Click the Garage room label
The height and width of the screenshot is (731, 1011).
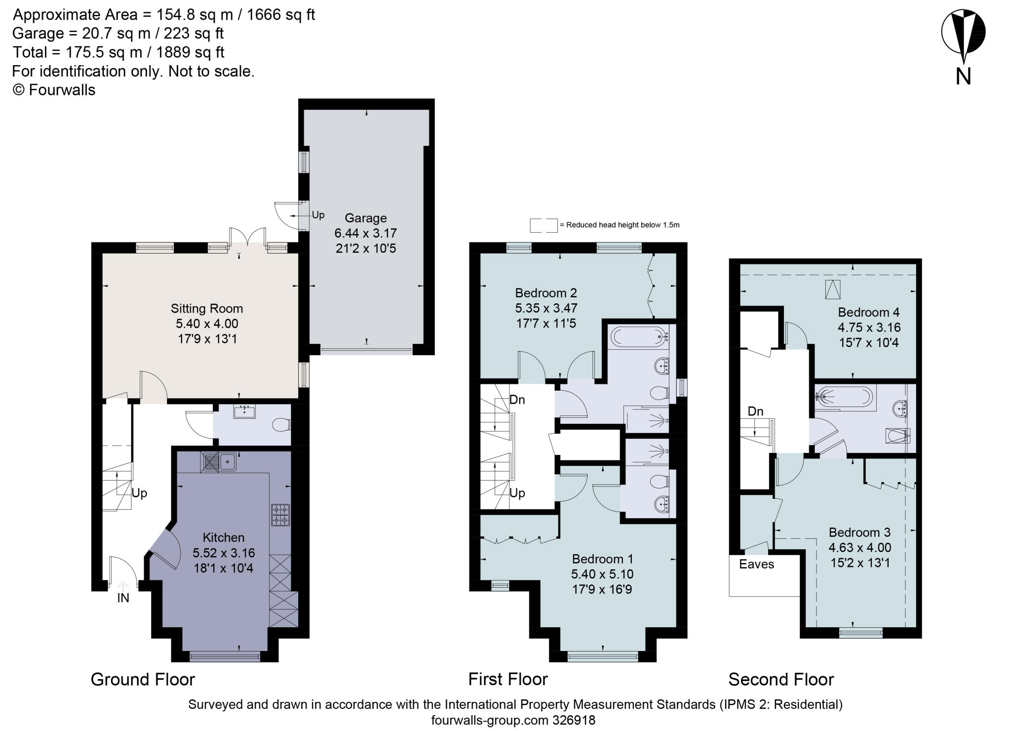point(365,218)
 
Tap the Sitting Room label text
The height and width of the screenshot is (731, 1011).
point(207,309)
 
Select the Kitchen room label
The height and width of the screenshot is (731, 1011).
point(224,537)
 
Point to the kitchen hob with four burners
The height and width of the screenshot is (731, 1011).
point(280,514)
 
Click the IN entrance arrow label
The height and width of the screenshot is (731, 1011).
point(123,598)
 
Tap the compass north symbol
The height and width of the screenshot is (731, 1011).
point(963,33)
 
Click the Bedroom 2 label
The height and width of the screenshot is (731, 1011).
point(546,293)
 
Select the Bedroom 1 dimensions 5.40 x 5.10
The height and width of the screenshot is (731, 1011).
point(602,574)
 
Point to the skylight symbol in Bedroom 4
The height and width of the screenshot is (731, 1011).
point(833,289)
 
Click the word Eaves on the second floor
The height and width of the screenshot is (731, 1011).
point(756,564)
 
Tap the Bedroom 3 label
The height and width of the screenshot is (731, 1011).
point(859,532)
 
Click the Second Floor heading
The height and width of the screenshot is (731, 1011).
point(781,680)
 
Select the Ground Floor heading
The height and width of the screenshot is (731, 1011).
point(143,680)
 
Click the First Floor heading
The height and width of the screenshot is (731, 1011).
point(508,680)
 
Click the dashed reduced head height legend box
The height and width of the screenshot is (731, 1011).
point(544,225)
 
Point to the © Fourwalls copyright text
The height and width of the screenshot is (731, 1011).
point(54,90)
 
